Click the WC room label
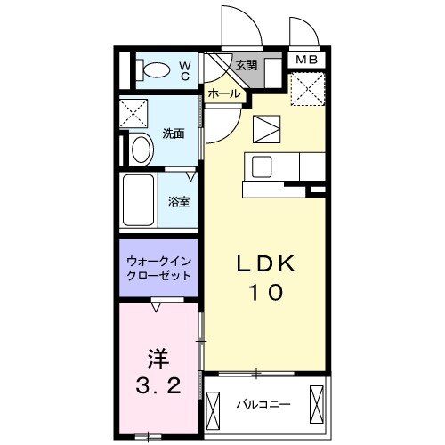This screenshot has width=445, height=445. pyautogui.click(x=185, y=69)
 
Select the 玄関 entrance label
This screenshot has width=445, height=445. pyautogui.click(x=247, y=65)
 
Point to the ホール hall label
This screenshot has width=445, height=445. pyautogui.click(x=222, y=93)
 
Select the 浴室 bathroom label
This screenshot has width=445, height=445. pyautogui.click(x=179, y=201)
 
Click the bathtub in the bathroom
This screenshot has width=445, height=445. pyautogui.click(x=139, y=201)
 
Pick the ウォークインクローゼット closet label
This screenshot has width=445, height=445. pyautogui.click(x=158, y=269)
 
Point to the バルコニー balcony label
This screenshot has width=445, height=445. pyautogui.click(x=263, y=405)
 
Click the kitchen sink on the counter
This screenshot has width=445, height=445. pyautogui.click(x=263, y=166)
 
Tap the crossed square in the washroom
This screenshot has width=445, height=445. pyautogui.click(x=135, y=113)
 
